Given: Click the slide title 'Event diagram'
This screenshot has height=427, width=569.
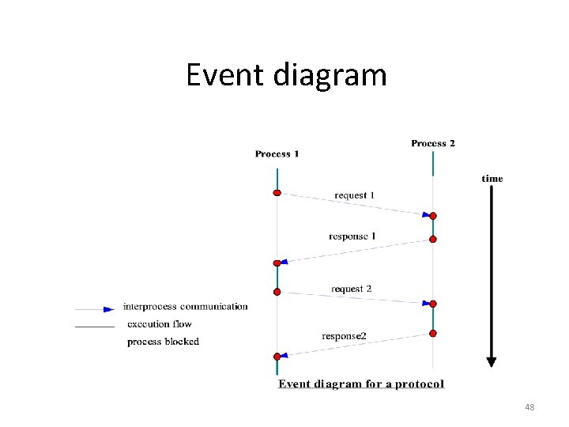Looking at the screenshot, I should pyautogui.click(x=286, y=75).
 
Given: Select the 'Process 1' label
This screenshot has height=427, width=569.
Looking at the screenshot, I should pyautogui.click(x=277, y=153).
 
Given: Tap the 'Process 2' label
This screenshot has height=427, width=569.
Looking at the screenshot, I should pyautogui.click(x=433, y=143).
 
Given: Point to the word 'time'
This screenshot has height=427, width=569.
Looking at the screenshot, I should pyautogui.click(x=492, y=179).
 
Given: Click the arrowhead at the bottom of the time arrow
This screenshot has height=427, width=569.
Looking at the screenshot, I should pyautogui.click(x=492, y=361).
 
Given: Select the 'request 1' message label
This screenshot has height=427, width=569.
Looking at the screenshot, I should pyautogui.click(x=354, y=195).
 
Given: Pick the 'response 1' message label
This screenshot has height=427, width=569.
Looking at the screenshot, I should pyautogui.click(x=352, y=236).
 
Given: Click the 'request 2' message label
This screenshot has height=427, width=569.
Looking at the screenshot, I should pyautogui.click(x=352, y=289).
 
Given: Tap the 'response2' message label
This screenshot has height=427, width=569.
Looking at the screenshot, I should pyautogui.click(x=344, y=336).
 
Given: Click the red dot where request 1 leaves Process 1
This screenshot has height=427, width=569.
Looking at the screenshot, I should pyautogui.click(x=277, y=193).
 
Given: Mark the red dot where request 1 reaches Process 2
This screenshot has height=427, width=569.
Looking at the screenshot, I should pyautogui.click(x=433, y=215).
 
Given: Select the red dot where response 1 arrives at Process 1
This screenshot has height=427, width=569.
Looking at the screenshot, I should pyautogui.click(x=277, y=263).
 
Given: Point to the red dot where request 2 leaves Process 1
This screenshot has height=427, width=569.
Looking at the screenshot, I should pyautogui.click(x=277, y=292).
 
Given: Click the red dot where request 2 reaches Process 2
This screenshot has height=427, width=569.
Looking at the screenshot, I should pyautogui.click(x=433, y=304).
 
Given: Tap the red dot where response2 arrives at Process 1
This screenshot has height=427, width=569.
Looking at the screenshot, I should pyautogui.click(x=277, y=357).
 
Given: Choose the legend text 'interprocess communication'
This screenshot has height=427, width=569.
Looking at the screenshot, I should pyautogui.click(x=185, y=307).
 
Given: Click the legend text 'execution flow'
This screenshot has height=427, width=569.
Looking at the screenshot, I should pyautogui.click(x=159, y=324).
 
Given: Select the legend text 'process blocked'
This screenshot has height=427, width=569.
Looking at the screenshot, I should pyautogui.click(x=163, y=342).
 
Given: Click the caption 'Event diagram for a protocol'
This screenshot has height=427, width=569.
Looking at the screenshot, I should pyautogui.click(x=361, y=384).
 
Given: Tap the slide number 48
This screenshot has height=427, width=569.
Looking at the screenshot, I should pyautogui.click(x=529, y=407).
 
